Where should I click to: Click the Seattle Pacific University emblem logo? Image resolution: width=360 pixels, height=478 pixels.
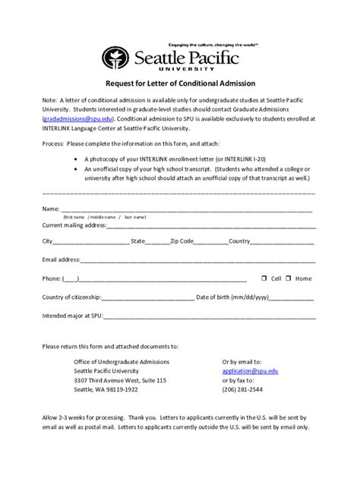pos(115,58)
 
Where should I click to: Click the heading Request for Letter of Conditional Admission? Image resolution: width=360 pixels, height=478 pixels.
pos(180,83)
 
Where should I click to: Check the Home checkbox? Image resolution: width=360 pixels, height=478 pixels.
pos(289,278)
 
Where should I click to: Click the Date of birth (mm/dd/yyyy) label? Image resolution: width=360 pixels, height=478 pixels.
pos(232,297)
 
